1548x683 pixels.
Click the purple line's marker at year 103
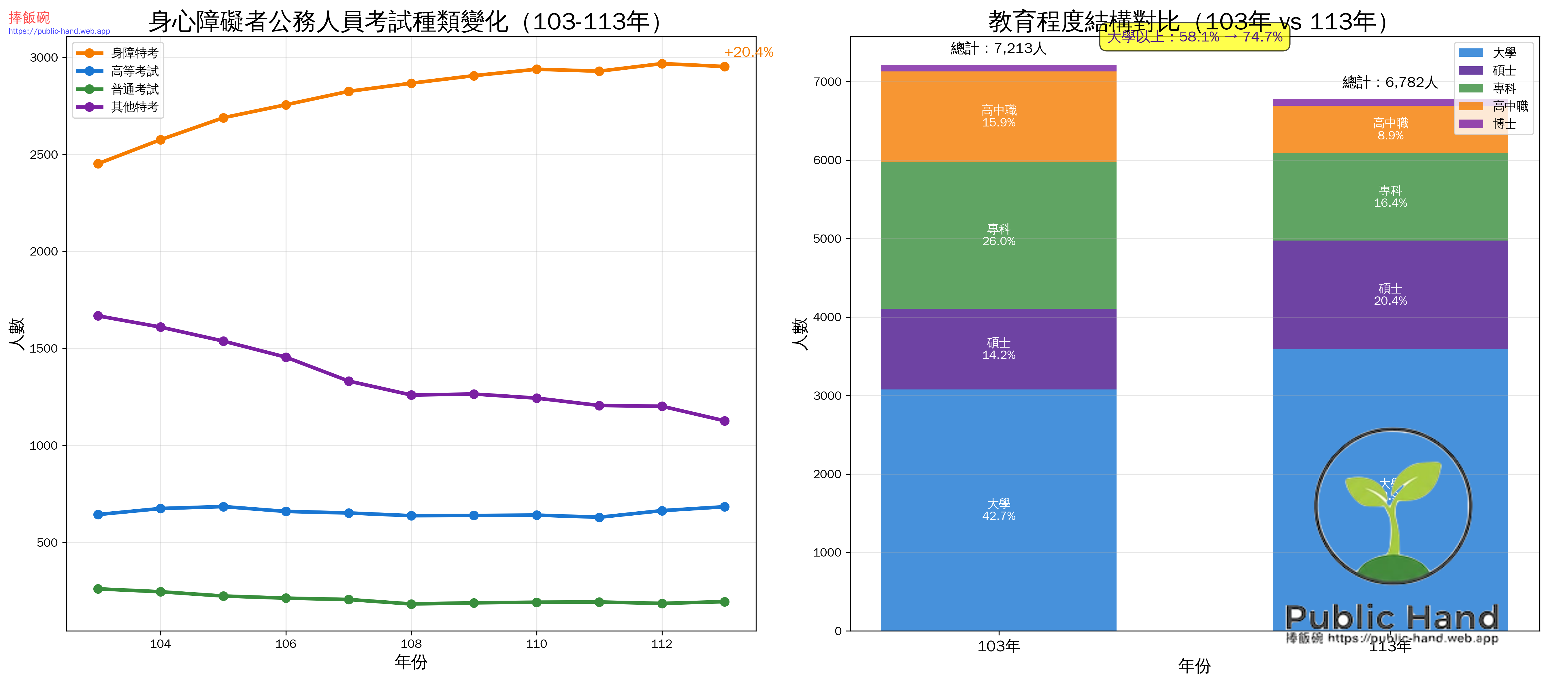click(x=98, y=316)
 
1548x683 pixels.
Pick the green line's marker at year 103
click(x=98, y=589)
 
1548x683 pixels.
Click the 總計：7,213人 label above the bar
click(x=998, y=49)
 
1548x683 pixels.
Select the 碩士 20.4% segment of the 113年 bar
click(x=1390, y=294)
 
